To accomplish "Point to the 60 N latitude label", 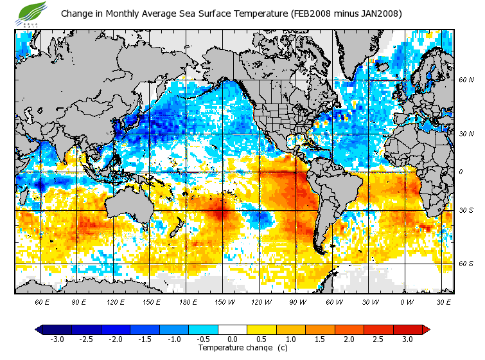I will pos(466,80).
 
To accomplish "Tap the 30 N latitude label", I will pos(466,134).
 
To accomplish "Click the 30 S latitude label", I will pos(466,211).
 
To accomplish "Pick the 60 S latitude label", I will pos(466,264).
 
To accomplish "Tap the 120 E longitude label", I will pos(116,301).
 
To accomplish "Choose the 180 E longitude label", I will pos(190,301).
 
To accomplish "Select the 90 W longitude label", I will pos(298,301).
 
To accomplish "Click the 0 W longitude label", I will pos(407,301).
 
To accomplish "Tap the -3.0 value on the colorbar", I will pos(57,339).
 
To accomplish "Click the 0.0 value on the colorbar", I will pos(232,339).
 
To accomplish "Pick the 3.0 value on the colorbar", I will pos(407,339).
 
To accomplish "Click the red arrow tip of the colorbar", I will pos(426,330).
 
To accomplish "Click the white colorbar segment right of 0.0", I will pos(232,330).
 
